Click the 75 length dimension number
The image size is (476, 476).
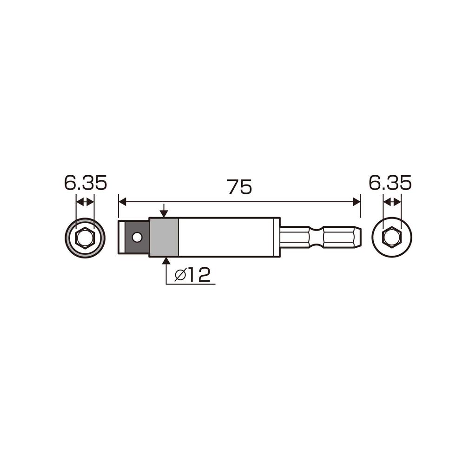point(239,187)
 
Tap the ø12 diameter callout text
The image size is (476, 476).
point(192,276)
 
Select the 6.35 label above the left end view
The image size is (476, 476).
point(86,183)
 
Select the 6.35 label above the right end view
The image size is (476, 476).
point(390,183)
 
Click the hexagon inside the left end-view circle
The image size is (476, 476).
point(85,238)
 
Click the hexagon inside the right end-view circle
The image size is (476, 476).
point(391,238)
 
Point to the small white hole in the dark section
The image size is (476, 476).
point(136,237)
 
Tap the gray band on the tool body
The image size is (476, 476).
point(164,237)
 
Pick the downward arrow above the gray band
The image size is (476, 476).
point(164,212)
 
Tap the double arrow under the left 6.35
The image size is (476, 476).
point(85,202)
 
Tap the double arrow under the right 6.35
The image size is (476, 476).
point(391,202)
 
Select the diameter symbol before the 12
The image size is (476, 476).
point(180,276)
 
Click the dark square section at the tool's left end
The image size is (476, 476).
point(134,237)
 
